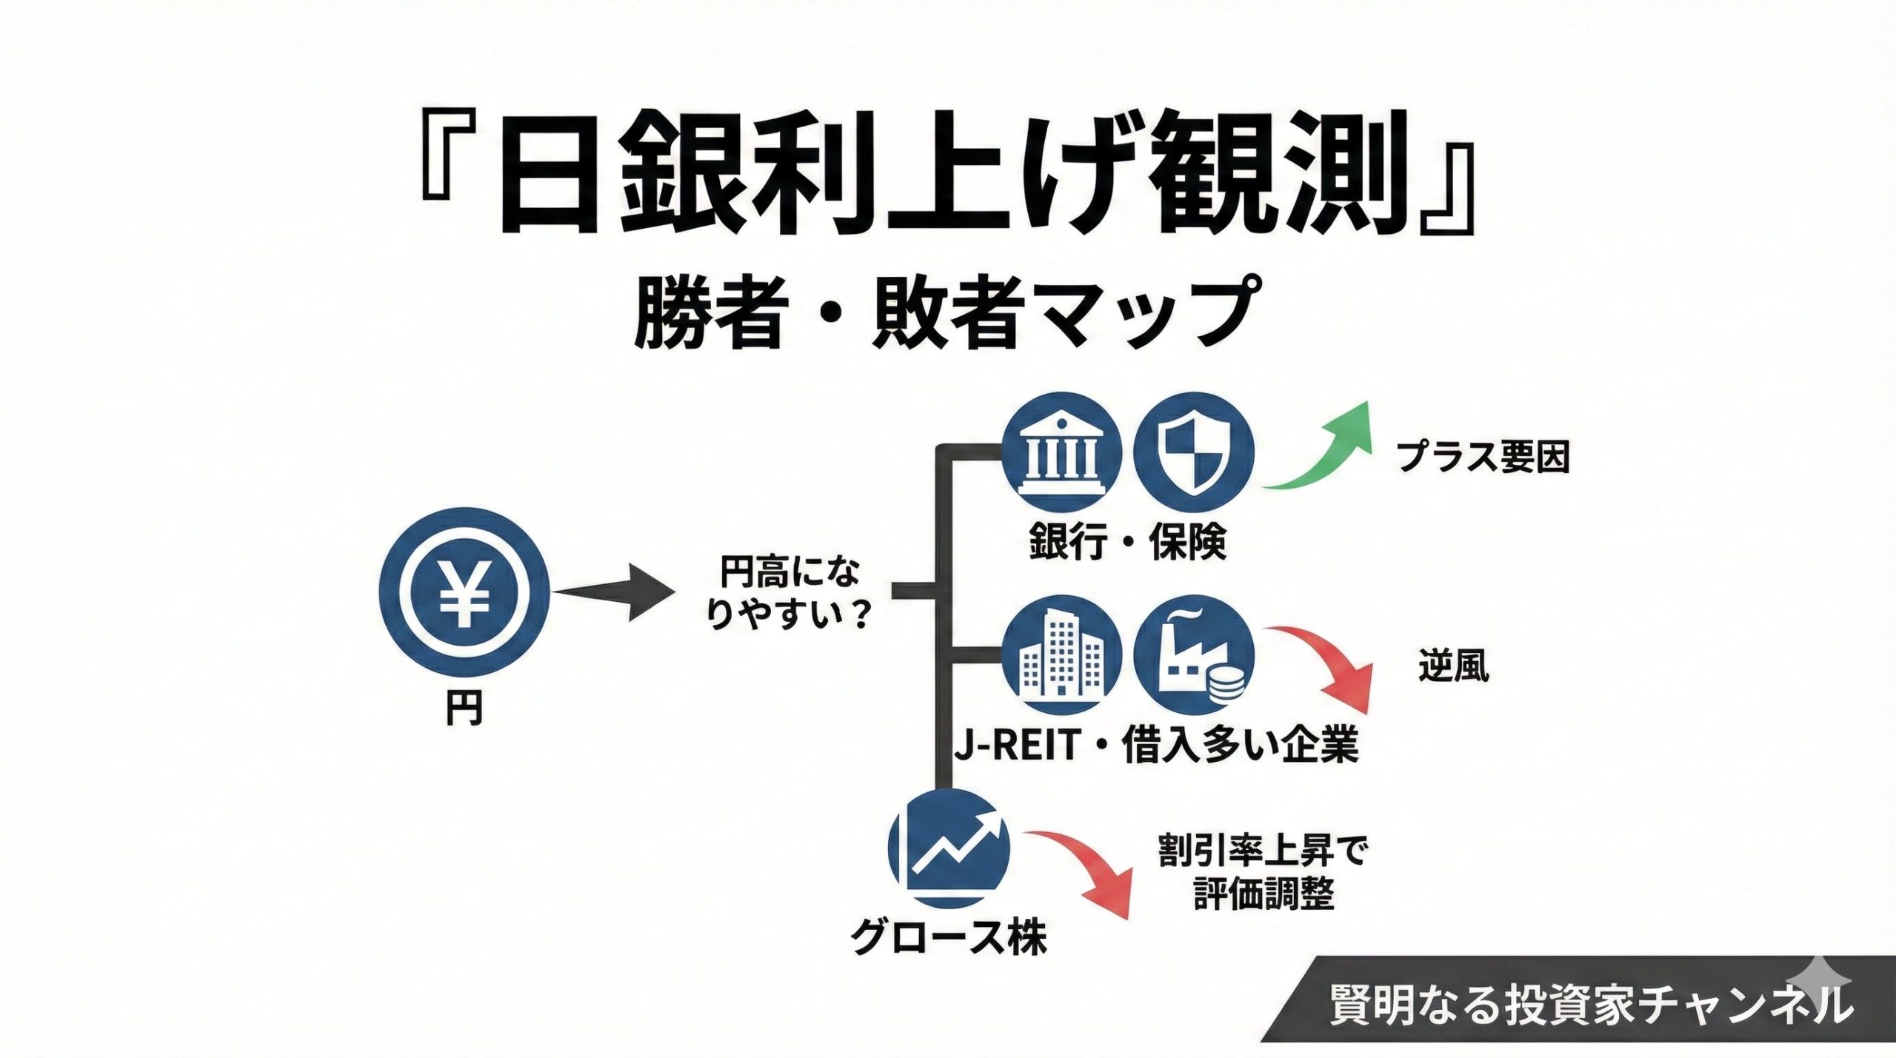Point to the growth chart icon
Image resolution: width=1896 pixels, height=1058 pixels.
click(949, 849)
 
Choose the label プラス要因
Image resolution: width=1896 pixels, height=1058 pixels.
click(1483, 458)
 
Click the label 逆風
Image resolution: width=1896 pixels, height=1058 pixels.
click(1453, 666)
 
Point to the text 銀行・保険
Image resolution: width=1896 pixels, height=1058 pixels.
click(1127, 543)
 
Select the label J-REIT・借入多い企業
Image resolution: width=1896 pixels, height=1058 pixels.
click(1156, 746)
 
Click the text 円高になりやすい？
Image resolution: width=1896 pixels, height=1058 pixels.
click(790, 593)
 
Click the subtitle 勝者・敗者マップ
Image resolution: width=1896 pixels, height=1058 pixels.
click(946, 312)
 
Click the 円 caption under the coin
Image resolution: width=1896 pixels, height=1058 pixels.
click(464, 709)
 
